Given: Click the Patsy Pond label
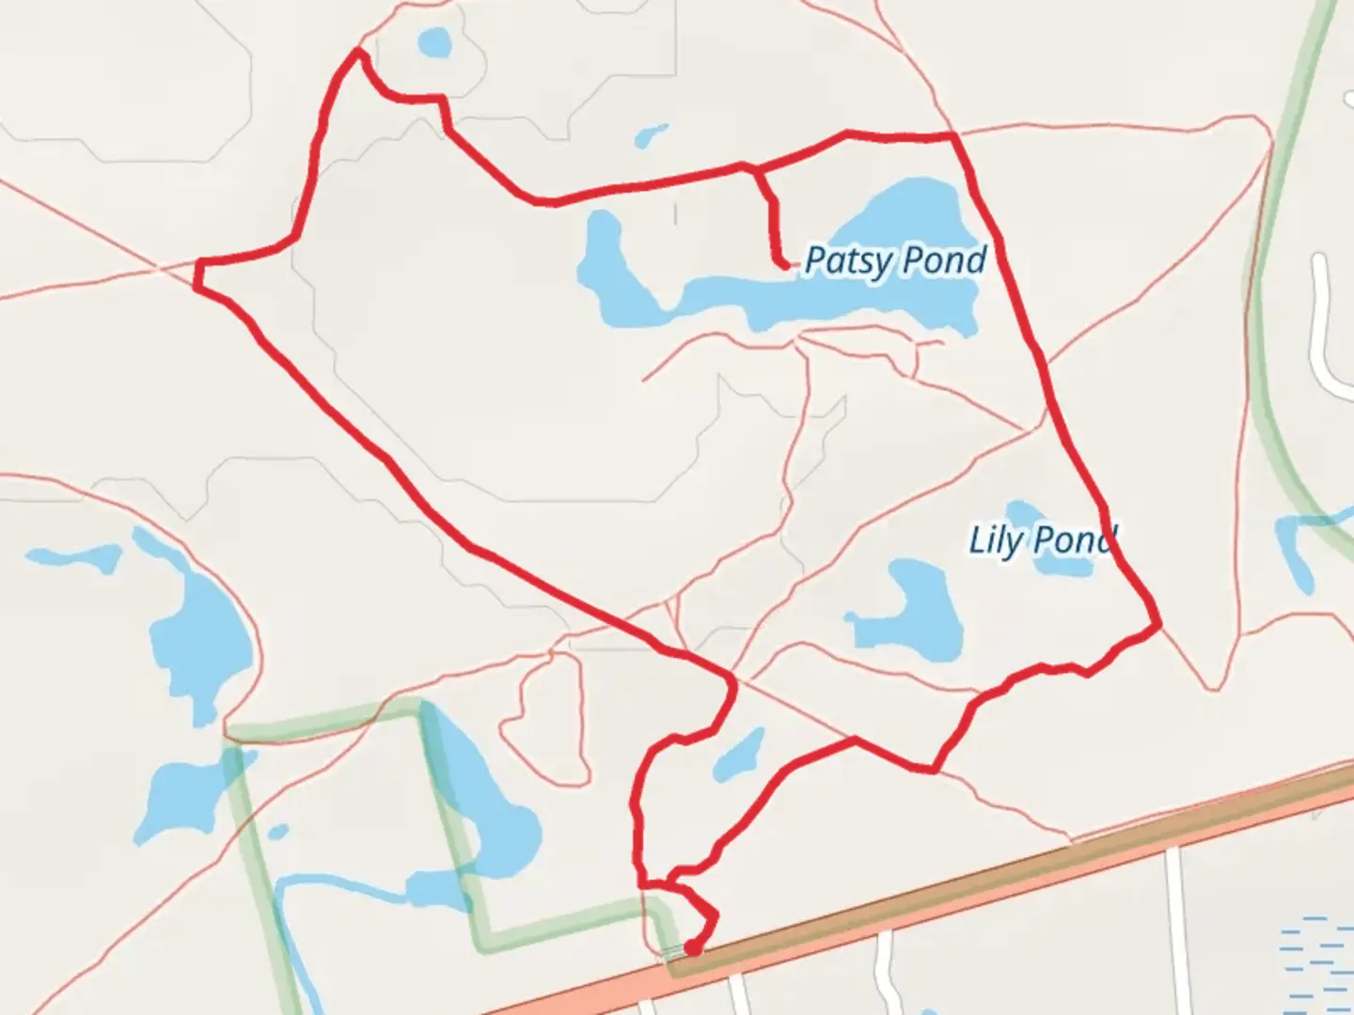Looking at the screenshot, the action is pyautogui.click(x=894, y=260).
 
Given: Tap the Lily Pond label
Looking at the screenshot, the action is pyautogui.click(x=1042, y=540).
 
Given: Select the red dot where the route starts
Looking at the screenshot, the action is pyautogui.click(x=692, y=948).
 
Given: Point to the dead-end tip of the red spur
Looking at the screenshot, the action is pyautogui.click(x=784, y=267).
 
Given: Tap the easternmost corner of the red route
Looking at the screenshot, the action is pyautogui.click(x=1158, y=623).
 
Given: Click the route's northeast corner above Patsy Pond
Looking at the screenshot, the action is pyautogui.click(x=954, y=137).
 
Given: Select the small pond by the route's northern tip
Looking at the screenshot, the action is pyautogui.click(x=434, y=42).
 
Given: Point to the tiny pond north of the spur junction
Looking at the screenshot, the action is pyautogui.click(x=651, y=135).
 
